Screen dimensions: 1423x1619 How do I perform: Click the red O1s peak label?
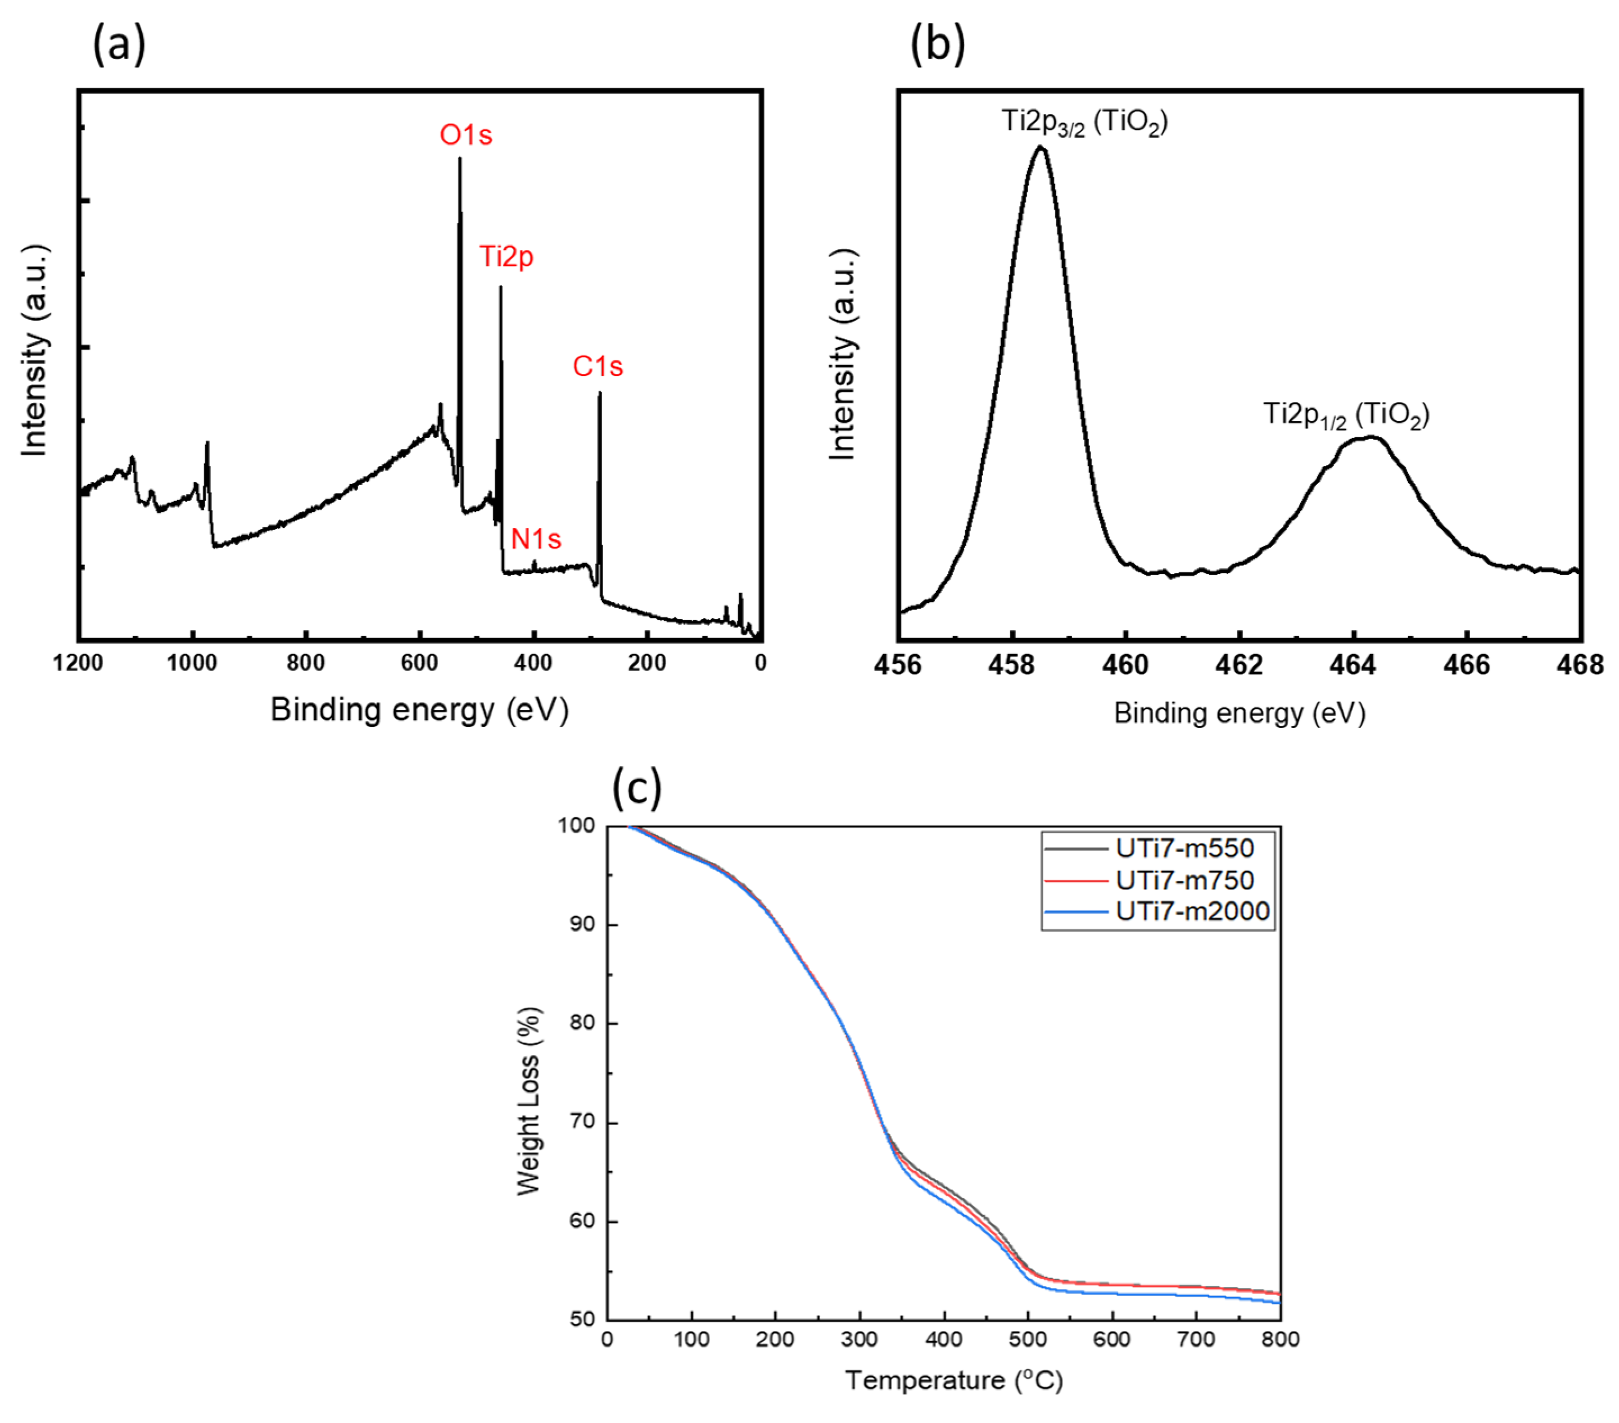tap(465, 135)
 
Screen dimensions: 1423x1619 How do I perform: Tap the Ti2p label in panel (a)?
tap(506, 257)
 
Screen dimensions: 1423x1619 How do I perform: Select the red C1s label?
tap(598, 366)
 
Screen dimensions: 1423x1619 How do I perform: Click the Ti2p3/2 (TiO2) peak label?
tap(1084, 122)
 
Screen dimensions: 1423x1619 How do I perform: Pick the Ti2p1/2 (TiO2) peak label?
tap(1346, 414)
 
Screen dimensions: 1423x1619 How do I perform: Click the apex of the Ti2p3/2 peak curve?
tap(1041, 147)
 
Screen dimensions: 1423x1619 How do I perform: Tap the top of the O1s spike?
tap(459, 159)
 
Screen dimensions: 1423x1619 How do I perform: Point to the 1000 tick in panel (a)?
tap(192, 662)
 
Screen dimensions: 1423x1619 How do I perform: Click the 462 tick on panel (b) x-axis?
tap(1240, 665)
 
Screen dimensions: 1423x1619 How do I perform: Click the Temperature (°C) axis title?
tap(953, 1380)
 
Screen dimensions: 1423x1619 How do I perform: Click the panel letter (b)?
tap(938, 44)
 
